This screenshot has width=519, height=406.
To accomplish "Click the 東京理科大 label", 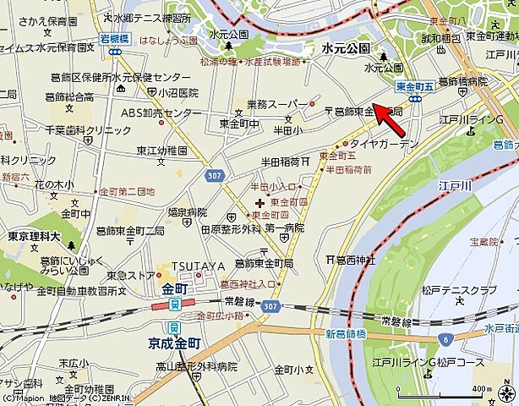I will (x=32, y=238).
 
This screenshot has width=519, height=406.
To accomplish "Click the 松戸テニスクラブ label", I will (x=460, y=290).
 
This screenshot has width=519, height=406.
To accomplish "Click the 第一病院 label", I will (x=284, y=228).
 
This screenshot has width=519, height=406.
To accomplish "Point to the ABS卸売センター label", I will (x=161, y=112).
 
